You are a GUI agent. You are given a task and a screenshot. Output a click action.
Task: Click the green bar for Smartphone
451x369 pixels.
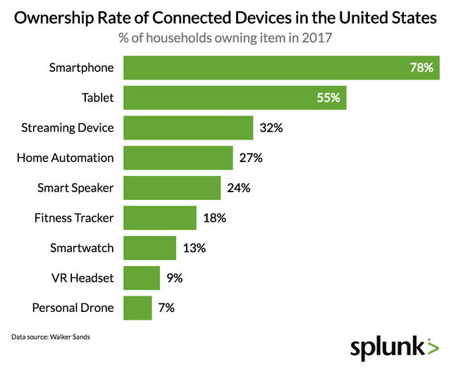282,68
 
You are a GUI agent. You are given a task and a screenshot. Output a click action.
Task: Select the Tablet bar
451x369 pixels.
235,98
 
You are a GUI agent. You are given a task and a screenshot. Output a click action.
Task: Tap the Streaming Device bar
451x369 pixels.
188,128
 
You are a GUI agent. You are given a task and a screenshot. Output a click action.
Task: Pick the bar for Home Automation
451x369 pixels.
178,158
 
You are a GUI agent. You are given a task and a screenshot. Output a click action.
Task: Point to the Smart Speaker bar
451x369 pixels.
172,188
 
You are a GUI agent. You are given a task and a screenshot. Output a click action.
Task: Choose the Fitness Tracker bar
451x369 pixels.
160,218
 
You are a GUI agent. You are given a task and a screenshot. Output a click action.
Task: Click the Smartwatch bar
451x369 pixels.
149,248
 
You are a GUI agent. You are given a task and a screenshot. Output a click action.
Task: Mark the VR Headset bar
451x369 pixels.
142,278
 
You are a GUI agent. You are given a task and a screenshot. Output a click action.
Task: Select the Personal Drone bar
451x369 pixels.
137,308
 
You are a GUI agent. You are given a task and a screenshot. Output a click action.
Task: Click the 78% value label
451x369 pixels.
421,68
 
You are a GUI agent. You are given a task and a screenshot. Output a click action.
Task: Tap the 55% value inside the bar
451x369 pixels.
328,98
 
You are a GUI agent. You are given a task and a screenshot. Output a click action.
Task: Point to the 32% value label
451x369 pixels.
271,128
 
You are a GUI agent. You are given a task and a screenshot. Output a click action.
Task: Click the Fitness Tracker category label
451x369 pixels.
73,218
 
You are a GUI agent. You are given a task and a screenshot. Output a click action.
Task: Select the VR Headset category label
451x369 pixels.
82,278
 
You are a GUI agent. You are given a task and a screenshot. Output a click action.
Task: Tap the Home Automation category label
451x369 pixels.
65,158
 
